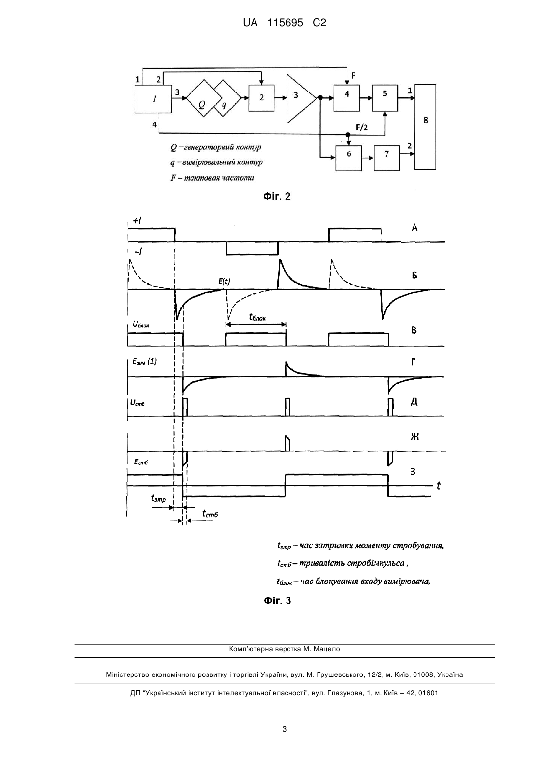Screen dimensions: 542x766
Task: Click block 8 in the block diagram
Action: coord(425,126)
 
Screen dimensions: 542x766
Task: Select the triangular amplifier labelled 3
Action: coord(298,98)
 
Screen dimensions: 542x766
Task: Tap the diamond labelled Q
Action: coord(201,98)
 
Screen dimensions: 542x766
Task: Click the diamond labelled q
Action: coord(227,98)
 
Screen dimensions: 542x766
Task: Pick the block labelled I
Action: coord(153,99)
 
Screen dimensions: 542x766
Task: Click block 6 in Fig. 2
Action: coord(349,158)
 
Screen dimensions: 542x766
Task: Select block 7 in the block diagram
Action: coord(386,158)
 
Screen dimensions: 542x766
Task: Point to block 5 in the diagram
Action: coord(385,98)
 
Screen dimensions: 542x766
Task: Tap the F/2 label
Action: coord(362,127)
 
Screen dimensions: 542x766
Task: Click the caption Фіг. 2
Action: coord(277,196)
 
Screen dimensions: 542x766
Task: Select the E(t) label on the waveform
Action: coord(224,281)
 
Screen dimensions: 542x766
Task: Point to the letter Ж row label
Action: coord(414,437)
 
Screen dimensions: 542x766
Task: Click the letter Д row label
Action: coord(414,402)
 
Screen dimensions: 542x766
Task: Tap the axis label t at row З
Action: coord(438,485)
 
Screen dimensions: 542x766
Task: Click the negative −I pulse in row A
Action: coord(252,248)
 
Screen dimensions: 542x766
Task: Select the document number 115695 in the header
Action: coord(285,23)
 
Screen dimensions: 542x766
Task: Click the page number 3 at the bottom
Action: coord(285,730)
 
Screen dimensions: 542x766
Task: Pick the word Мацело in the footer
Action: coord(328,649)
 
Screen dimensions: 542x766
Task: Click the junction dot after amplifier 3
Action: coord(320,98)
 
